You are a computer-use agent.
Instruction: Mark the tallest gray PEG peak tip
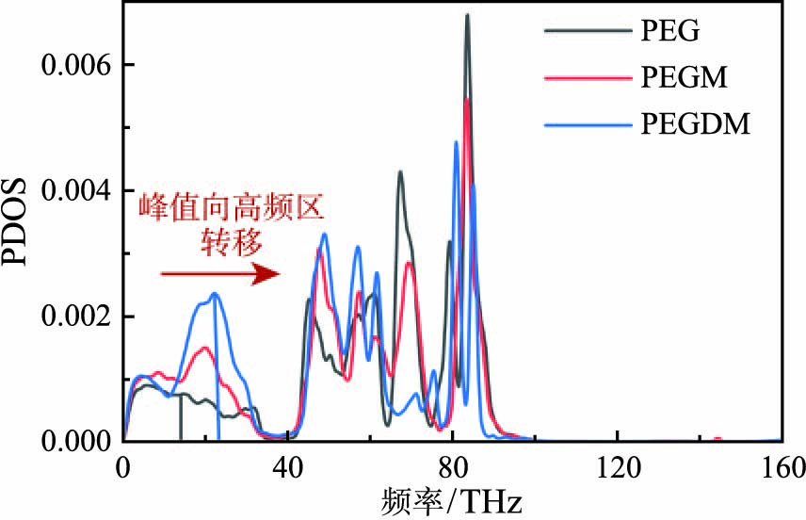pyautogui.click(x=467, y=15)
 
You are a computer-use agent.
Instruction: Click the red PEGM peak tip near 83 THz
pyautogui.click(x=467, y=99)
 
